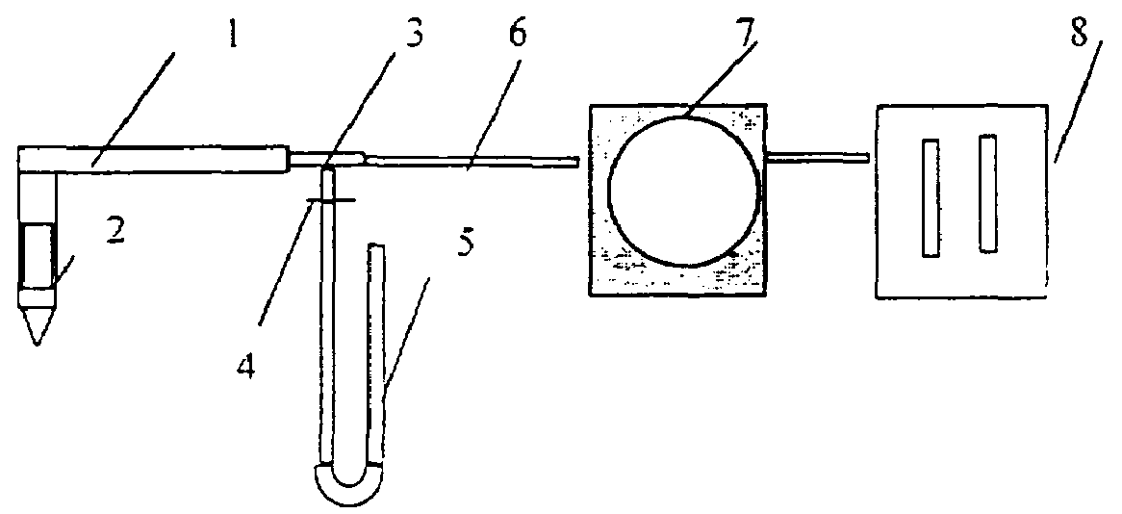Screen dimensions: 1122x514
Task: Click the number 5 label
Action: tap(466, 245)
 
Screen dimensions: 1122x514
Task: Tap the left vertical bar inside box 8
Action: tap(931, 197)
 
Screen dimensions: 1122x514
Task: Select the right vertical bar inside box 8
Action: tap(988, 193)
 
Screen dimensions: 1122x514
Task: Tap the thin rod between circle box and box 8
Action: tap(818, 154)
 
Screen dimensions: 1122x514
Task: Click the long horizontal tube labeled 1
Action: tap(154, 158)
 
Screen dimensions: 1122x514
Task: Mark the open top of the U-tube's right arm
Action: tap(376, 248)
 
